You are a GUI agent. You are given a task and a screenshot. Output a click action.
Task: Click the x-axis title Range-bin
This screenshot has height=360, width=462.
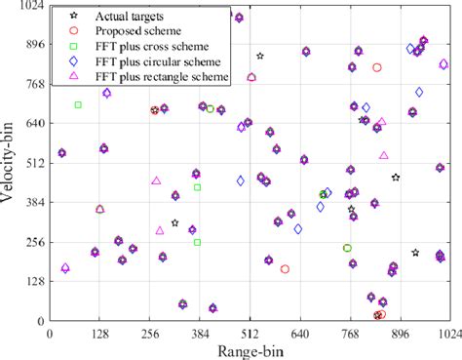tap(250, 349)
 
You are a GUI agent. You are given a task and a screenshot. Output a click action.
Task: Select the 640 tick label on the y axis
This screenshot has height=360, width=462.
tap(34, 124)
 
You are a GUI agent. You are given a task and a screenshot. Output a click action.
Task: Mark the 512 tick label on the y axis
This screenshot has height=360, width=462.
tap(34, 163)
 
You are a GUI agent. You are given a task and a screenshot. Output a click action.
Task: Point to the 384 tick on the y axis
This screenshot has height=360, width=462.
tap(34, 203)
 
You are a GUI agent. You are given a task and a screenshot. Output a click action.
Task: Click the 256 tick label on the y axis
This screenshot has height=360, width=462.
tap(34, 242)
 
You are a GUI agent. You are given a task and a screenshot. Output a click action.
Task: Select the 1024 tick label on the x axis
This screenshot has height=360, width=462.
tap(446, 333)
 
